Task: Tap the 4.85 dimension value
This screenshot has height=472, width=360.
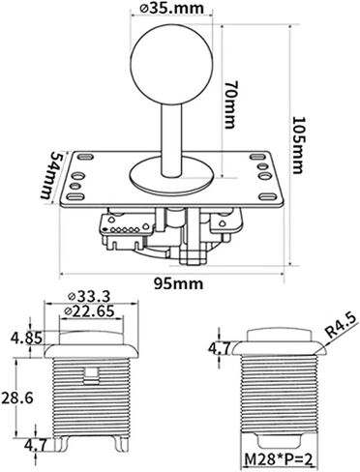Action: coord(25,339)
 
